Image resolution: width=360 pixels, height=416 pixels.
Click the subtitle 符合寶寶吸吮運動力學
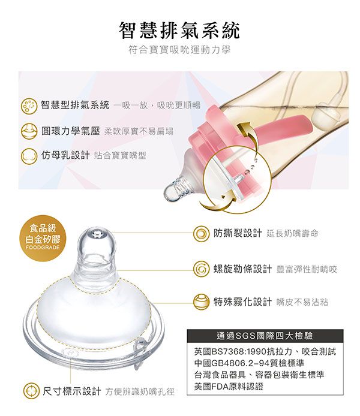click(x=179, y=50)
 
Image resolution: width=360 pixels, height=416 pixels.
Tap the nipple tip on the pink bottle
click(x=172, y=192)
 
